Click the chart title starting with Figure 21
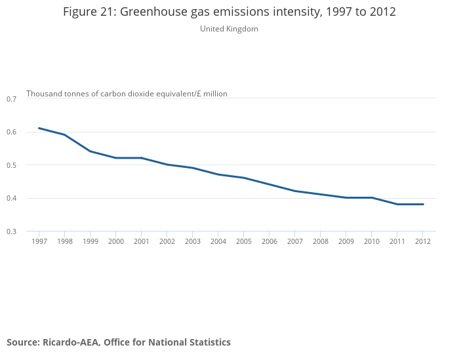(x=229, y=12)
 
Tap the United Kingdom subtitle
(x=229, y=29)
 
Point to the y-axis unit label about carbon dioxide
(x=127, y=94)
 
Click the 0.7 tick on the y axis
(x=11, y=99)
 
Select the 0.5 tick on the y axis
(x=11, y=165)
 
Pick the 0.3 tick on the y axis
(x=11, y=231)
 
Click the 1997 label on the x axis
(x=39, y=241)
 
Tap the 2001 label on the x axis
(x=141, y=241)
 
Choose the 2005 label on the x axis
(x=243, y=241)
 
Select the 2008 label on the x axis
(x=320, y=241)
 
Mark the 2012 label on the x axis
(x=422, y=241)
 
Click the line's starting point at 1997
(x=39, y=128)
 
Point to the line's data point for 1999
(x=90, y=151)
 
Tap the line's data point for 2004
(x=218, y=174)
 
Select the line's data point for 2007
(x=294, y=191)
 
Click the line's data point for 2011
(x=397, y=204)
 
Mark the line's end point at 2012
(x=422, y=204)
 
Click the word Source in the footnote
(x=22, y=342)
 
